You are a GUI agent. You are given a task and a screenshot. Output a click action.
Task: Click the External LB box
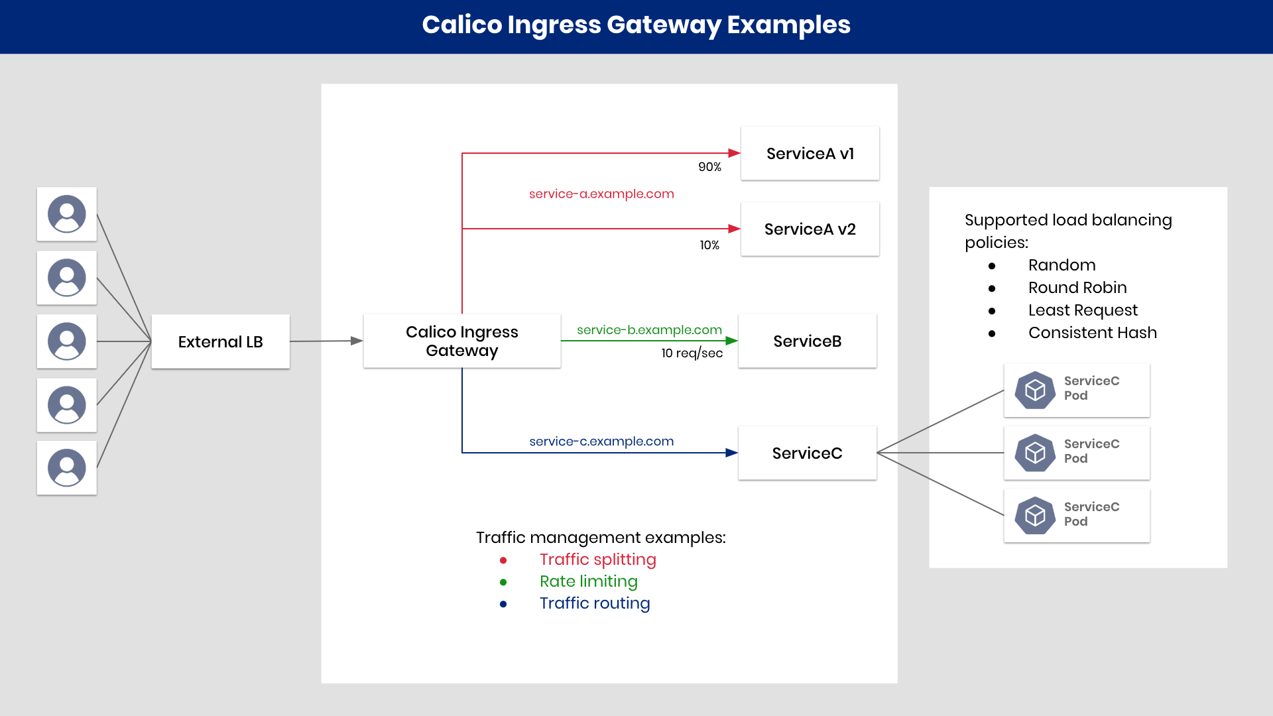(x=220, y=341)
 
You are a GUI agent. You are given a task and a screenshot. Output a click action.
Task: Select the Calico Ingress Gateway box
(x=461, y=341)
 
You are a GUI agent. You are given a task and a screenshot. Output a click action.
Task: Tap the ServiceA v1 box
(x=810, y=153)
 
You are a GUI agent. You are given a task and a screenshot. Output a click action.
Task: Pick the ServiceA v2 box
(x=810, y=229)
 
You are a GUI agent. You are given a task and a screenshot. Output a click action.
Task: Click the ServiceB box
(x=807, y=341)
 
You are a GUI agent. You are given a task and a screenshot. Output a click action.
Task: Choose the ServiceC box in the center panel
(x=807, y=453)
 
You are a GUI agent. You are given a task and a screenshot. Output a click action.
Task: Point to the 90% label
(x=709, y=167)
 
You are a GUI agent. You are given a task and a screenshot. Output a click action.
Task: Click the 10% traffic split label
(x=709, y=245)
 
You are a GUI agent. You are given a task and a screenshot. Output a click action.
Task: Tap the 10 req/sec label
(x=692, y=353)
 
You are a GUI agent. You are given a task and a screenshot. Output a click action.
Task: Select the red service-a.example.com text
(x=601, y=194)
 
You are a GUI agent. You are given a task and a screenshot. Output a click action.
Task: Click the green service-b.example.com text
(x=649, y=329)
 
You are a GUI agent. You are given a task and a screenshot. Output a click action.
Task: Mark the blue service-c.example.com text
(x=601, y=441)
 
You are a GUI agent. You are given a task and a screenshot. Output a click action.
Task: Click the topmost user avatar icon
(x=67, y=213)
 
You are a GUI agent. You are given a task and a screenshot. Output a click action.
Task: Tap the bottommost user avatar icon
(x=67, y=467)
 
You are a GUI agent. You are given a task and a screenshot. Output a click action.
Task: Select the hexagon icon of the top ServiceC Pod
(x=1034, y=390)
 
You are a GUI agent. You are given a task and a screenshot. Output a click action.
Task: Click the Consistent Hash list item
(x=1092, y=333)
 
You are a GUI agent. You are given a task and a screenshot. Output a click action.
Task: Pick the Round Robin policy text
(x=1077, y=288)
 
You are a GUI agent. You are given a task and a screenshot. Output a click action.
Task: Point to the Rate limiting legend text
(x=588, y=581)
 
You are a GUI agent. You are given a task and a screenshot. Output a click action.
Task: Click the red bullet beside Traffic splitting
(x=503, y=560)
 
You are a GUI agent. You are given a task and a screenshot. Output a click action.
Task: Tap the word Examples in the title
(x=788, y=25)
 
